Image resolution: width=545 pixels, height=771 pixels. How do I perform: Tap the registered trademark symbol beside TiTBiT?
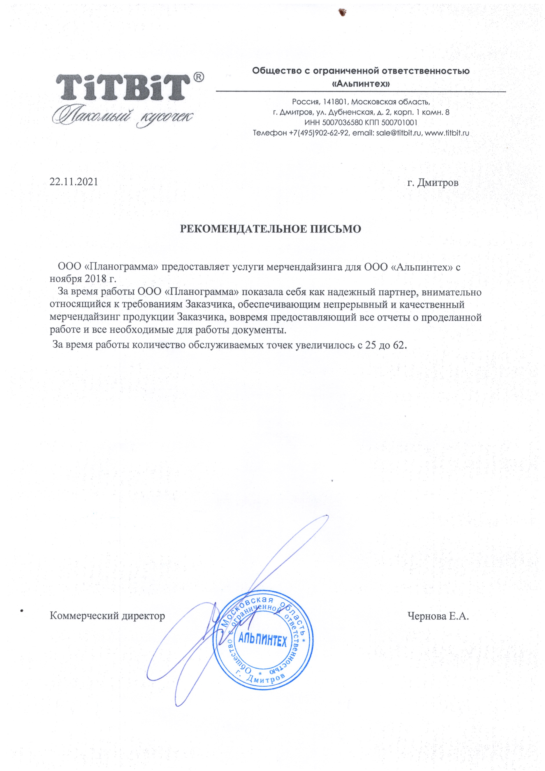[198, 77]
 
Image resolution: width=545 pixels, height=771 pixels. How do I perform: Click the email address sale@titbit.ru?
[399, 133]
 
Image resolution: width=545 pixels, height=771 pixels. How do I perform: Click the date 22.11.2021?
[74, 182]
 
